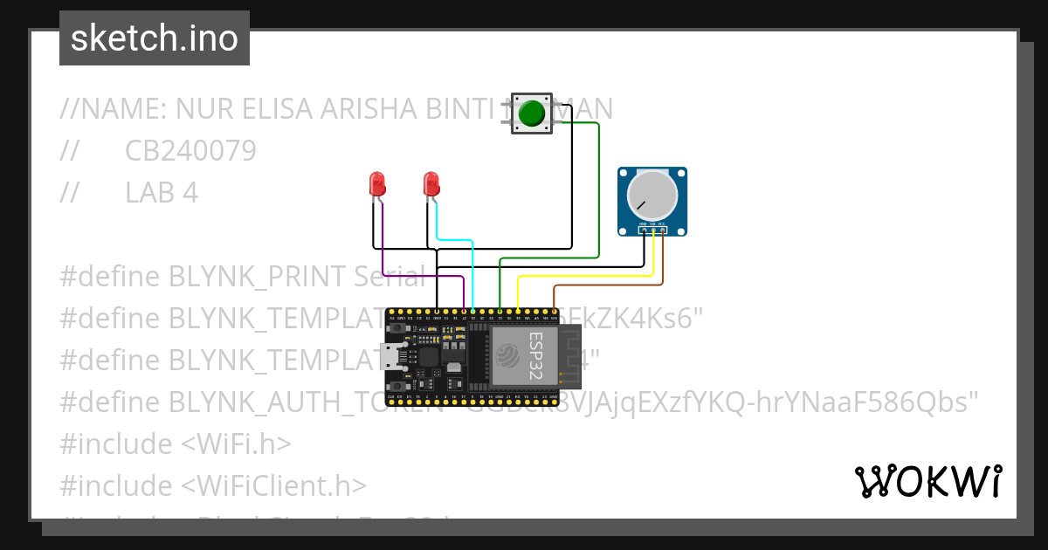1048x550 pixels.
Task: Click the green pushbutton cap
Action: coord(531,113)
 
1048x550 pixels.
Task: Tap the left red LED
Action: coord(377,183)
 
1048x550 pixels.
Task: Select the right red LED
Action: coord(431,183)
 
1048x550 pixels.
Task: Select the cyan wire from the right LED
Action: coord(472,271)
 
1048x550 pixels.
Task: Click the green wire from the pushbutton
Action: coord(598,192)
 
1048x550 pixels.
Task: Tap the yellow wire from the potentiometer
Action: coord(585,277)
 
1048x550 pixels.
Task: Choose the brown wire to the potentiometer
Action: coord(611,285)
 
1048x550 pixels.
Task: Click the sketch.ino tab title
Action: coord(155,38)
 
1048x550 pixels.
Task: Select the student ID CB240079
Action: coord(190,151)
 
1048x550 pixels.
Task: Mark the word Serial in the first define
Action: coord(390,277)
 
